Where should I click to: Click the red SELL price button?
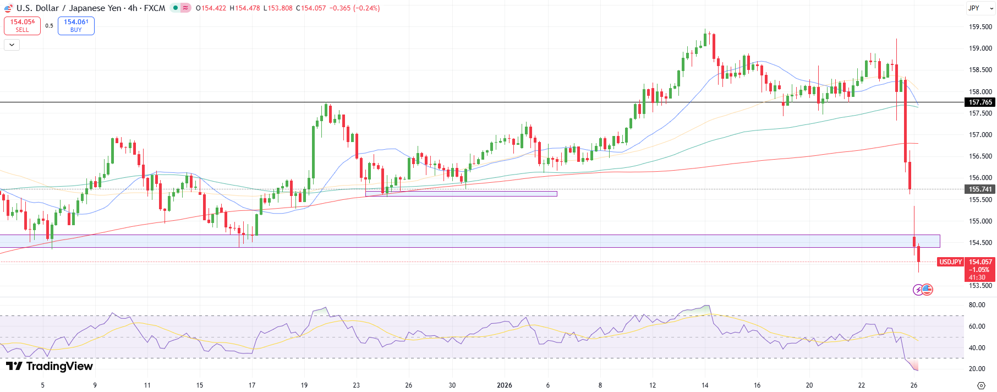[x=22, y=26]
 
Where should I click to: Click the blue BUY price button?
[x=76, y=26]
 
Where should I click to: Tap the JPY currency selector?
[x=974, y=8]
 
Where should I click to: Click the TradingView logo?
[x=50, y=366]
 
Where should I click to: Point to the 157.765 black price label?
[x=980, y=102]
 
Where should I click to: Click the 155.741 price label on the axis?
[x=980, y=189]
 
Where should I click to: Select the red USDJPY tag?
[x=950, y=262]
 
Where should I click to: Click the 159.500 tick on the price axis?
[x=980, y=27]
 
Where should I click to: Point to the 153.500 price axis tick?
[x=980, y=286]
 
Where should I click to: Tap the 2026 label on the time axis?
[x=504, y=385]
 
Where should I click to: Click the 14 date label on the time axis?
[x=705, y=385]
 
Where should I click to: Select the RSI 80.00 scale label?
[x=977, y=305]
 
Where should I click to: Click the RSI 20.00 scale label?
[x=977, y=369]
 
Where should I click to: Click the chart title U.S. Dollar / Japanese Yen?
[x=69, y=8]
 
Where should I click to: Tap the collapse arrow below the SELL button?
[x=12, y=45]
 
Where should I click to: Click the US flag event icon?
[x=928, y=290]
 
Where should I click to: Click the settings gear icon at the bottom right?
[x=981, y=385]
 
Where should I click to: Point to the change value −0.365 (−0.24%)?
[x=354, y=8]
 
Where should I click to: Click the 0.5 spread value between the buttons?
[x=50, y=26]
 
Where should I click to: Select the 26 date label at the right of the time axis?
[x=914, y=385]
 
